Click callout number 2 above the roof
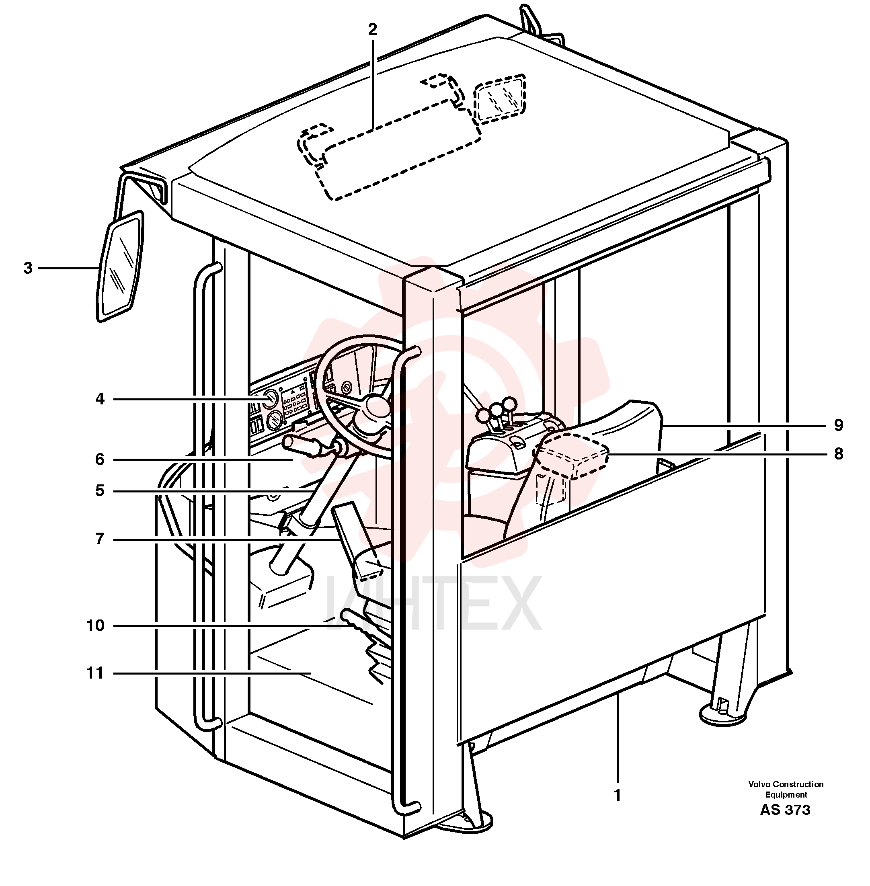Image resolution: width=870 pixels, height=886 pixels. pyautogui.click(x=372, y=30)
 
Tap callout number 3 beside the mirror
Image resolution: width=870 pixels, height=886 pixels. pyautogui.click(x=28, y=268)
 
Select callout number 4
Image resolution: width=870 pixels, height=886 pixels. pyautogui.click(x=100, y=399)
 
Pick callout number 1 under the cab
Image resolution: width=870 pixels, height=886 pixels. pyautogui.click(x=617, y=796)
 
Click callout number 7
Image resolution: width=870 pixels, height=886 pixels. pyautogui.click(x=100, y=539)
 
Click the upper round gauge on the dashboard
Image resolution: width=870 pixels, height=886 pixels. pyautogui.click(x=270, y=399)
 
